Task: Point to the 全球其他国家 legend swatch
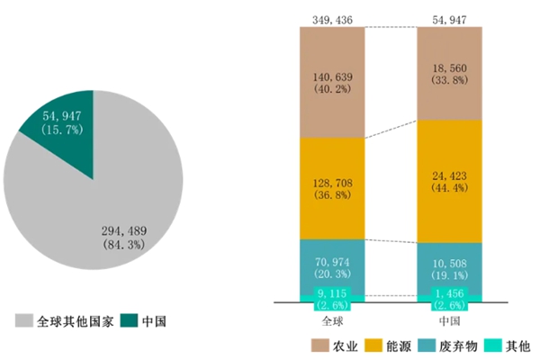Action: [23, 320]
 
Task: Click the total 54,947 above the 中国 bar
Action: [450, 18]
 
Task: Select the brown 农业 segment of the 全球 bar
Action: [333, 82]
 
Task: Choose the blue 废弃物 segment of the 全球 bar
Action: [333, 267]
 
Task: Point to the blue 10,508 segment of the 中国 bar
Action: [450, 267]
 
